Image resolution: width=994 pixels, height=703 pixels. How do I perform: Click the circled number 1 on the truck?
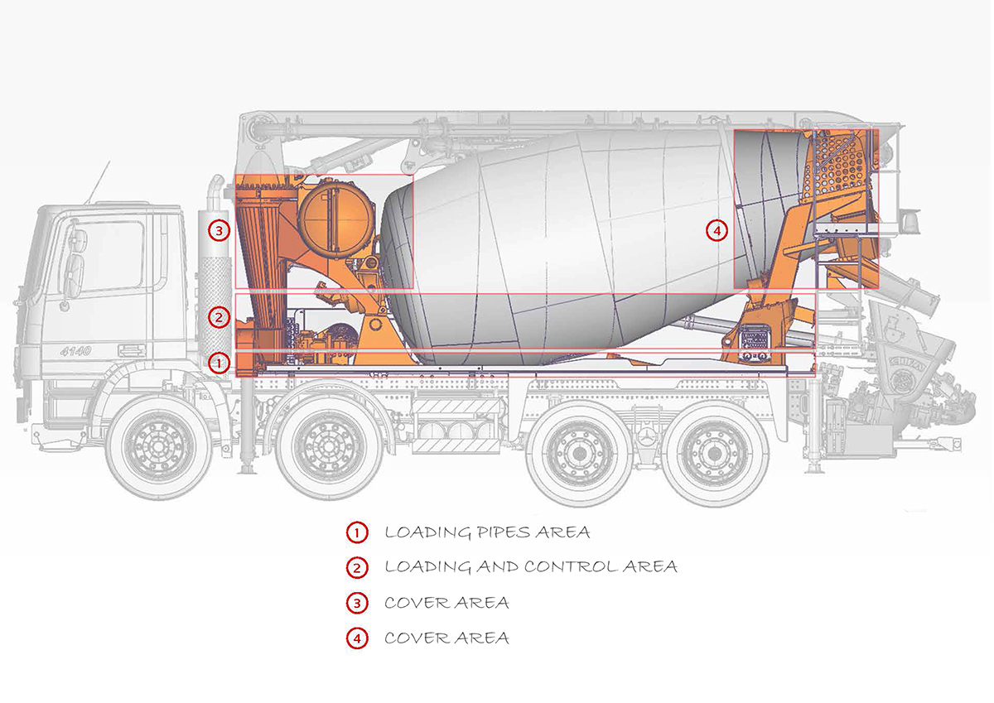point(219,362)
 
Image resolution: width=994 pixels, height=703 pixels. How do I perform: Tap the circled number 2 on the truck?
point(219,316)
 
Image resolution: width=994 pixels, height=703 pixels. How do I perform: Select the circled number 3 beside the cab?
point(219,230)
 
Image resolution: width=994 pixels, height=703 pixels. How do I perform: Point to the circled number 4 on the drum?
point(717,230)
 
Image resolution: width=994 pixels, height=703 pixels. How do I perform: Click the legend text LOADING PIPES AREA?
point(487,532)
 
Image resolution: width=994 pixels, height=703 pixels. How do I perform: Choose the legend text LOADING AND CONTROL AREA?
point(531,567)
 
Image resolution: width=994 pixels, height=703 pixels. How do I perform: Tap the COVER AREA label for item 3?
point(446,603)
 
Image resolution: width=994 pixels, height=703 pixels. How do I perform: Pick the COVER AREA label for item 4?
point(446,638)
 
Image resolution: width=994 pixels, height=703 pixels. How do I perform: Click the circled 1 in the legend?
point(356,532)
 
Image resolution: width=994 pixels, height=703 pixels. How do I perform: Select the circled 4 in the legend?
point(356,638)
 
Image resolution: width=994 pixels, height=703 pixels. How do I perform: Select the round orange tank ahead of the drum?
point(335,218)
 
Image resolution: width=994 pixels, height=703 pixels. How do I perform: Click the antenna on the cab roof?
point(99,184)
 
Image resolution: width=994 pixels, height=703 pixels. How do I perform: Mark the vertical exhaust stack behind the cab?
point(217,273)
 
